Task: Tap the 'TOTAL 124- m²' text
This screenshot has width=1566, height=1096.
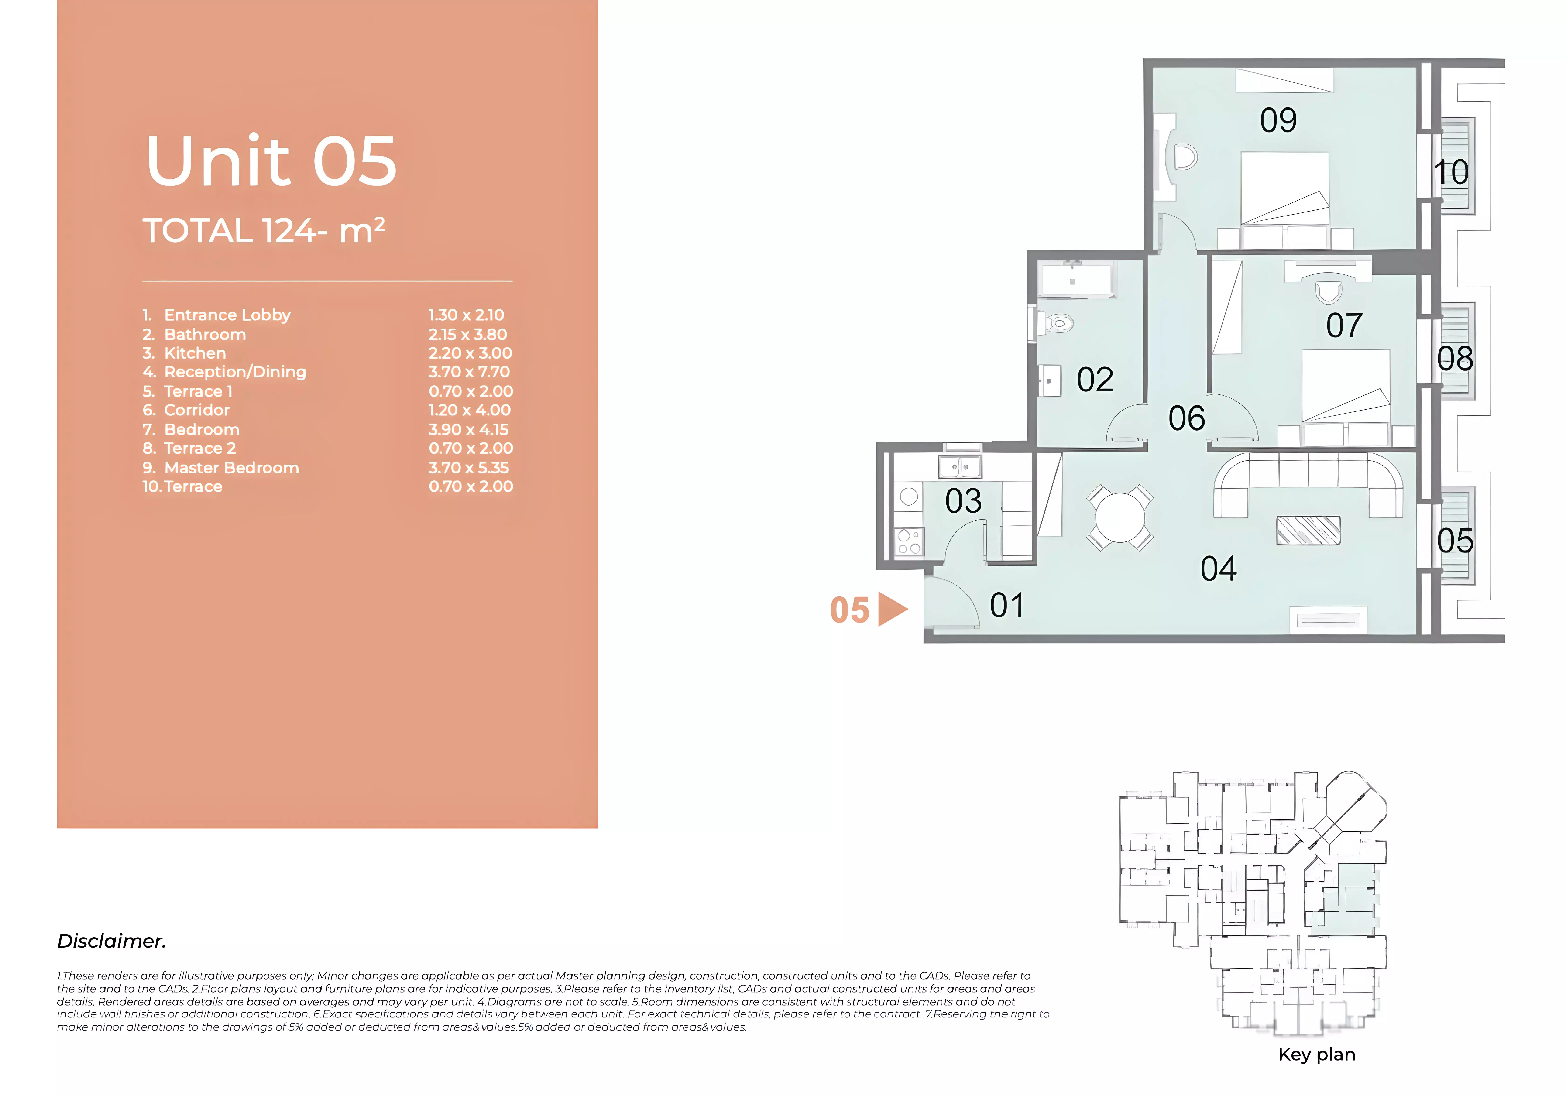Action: (264, 230)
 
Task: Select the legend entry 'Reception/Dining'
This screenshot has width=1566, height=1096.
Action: (235, 372)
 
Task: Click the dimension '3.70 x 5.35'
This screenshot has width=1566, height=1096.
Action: (469, 468)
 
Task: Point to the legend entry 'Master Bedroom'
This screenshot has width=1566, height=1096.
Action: (231, 468)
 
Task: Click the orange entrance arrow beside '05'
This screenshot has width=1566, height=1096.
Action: (892, 609)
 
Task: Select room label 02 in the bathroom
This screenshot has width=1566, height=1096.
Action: (1095, 380)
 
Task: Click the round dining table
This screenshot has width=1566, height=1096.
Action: (1120, 517)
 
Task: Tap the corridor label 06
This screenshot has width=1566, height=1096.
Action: (1187, 418)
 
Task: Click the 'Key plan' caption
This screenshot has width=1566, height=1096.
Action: (1316, 1054)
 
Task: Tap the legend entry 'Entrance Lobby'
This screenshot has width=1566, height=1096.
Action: (227, 315)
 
